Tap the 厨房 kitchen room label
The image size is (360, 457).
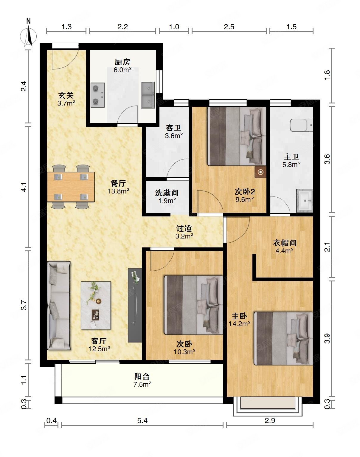tap(122, 62)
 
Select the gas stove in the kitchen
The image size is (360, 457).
tap(98, 95)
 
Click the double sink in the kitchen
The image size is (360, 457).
tap(148, 95)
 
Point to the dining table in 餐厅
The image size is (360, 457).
tap(71, 187)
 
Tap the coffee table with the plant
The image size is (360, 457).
tap(96, 305)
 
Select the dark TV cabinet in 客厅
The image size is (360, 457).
tap(135, 305)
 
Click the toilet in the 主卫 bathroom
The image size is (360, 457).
tap(301, 125)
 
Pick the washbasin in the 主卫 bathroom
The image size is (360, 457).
tap(305, 200)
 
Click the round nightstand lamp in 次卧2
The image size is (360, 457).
tap(260, 172)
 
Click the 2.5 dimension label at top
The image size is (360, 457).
tap(229, 27)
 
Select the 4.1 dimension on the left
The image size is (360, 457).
tap(24, 187)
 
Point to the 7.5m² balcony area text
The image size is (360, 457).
tap(142, 384)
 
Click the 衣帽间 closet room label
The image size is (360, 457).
tap(284, 243)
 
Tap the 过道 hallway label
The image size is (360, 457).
tap(184, 228)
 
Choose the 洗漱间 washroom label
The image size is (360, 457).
tap(167, 193)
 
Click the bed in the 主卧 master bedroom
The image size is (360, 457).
tap(284, 339)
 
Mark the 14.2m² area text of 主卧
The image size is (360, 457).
tap(239, 324)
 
